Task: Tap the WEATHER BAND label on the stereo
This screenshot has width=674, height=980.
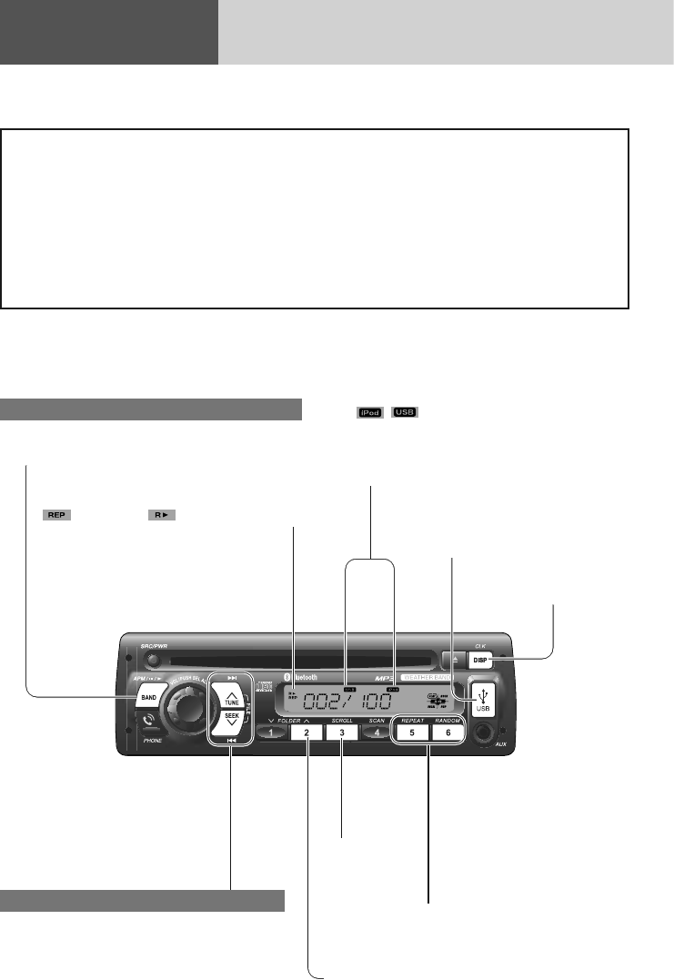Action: [x=431, y=678]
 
